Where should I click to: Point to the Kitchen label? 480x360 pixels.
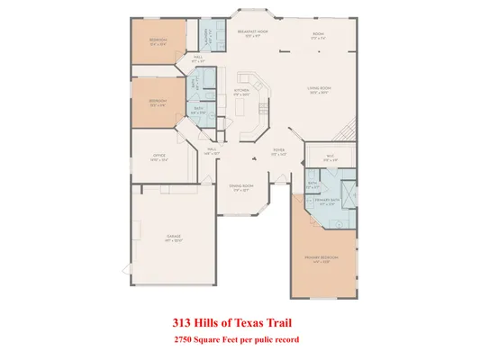click(x=242, y=92)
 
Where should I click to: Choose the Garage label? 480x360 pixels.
click(x=174, y=238)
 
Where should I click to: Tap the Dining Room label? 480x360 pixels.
click(x=243, y=187)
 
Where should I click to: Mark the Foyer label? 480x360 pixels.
click(x=279, y=152)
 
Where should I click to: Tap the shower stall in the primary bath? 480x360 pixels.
click(x=349, y=194)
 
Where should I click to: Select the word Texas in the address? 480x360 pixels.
click(x=257, y=321)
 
